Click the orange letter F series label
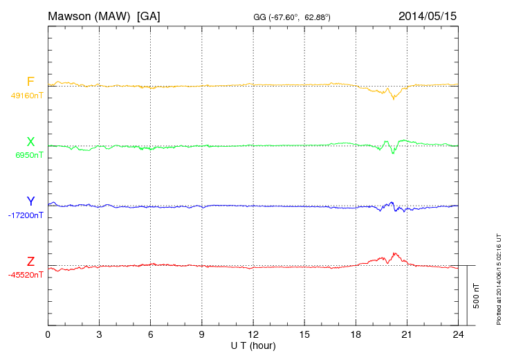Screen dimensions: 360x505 click(30, 82)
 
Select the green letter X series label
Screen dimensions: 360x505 click(30, 142)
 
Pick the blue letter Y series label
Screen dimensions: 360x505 click(30, 201)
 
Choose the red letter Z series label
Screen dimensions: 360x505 click(30, 262)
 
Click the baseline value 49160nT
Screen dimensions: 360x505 click(26, 96)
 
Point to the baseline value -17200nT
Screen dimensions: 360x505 click(25, 215)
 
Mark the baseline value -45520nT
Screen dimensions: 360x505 click(25, 275)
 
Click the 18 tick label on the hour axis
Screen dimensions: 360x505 click(356, 334)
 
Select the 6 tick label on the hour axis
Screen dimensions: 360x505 click(150, 334)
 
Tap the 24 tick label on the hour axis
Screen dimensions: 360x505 click(458, 334)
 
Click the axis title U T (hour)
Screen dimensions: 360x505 click(253, 345)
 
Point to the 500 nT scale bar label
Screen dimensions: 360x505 click(477, 296)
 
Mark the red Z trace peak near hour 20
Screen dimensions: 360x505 click(394, 253)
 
